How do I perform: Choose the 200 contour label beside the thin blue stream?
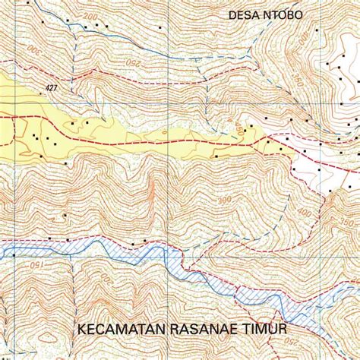point(91,16)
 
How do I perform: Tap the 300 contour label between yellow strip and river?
point(223,200)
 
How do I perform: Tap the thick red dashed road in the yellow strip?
point(152,141)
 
